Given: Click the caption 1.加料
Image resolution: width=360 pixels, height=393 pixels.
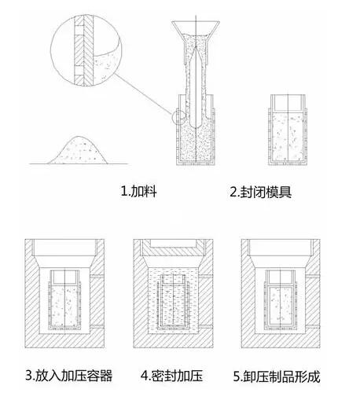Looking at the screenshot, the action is point(138,191).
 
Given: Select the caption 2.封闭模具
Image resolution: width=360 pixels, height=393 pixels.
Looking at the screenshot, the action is point(260,192).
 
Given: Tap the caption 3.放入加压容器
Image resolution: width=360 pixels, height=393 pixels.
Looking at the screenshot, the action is point(69,376).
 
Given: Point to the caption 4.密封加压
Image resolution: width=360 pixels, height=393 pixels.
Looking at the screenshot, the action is point(172,376).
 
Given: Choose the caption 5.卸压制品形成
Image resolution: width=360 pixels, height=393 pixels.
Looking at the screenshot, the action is point(277,376).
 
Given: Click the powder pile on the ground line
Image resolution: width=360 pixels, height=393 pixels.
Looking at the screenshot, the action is point(78,152).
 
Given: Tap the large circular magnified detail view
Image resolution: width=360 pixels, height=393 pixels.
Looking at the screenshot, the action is point(86,50).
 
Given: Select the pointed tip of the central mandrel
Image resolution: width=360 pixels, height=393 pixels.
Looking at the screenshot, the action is point(196,47).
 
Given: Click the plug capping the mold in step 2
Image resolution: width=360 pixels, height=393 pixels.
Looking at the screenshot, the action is point(288,102).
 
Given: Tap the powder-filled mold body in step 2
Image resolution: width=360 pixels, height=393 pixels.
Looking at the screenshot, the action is point(288,137).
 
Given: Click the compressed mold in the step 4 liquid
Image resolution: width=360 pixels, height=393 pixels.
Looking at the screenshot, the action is point(173,302).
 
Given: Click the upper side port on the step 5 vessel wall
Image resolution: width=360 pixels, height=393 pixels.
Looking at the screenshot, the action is point(313,276).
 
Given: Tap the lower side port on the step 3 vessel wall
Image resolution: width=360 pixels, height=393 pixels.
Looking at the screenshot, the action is point(97,326).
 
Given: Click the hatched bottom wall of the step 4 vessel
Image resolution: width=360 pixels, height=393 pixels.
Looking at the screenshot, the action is point(173,340).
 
